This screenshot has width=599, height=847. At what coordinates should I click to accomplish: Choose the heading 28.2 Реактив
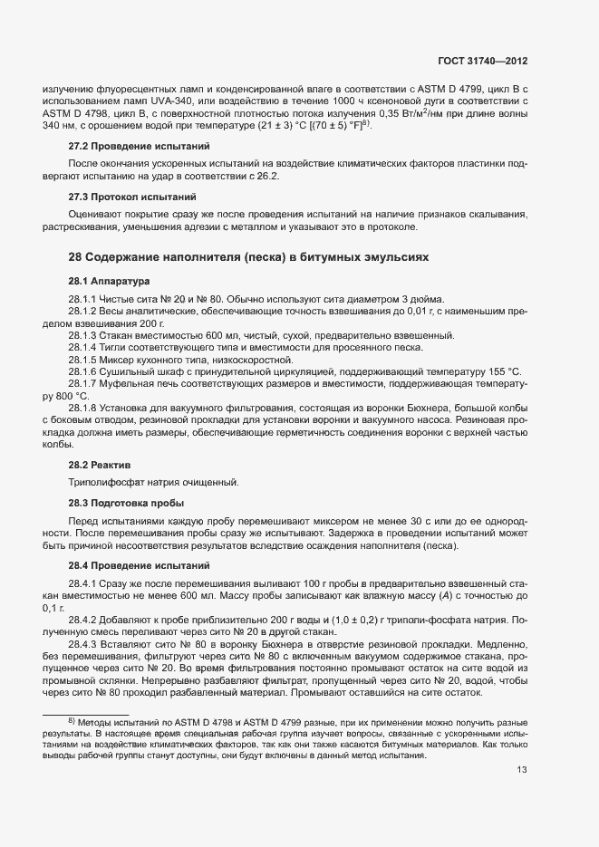(100, 463)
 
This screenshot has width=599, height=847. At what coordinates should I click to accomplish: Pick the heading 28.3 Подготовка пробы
(126, 502)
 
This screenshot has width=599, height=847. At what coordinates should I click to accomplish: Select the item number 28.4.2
(83, 620)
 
